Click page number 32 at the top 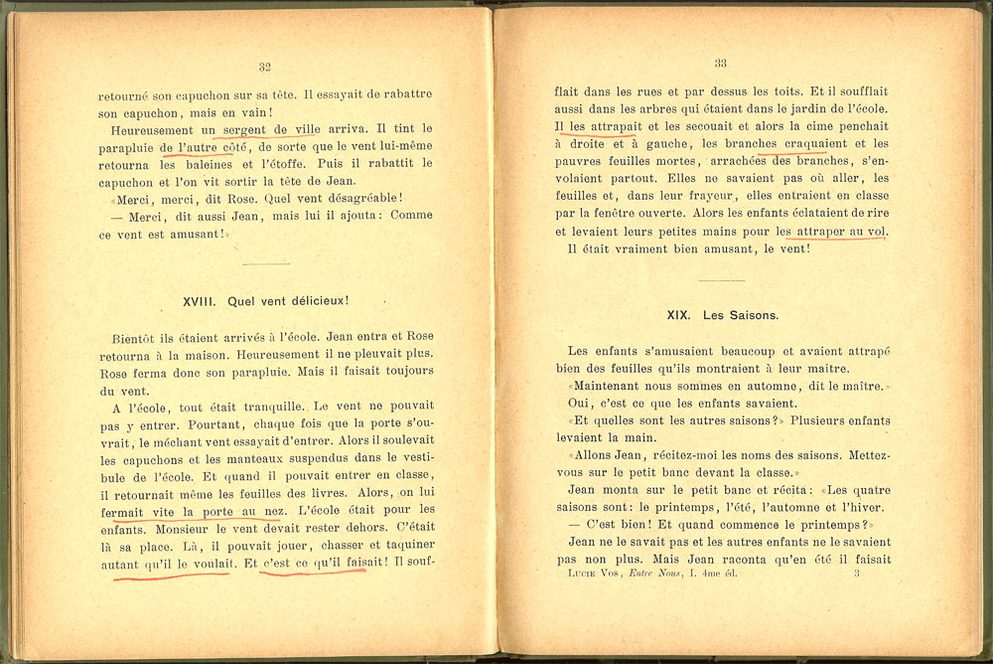coord(264,68)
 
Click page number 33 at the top coord(720,63)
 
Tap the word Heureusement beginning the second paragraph coord(154,130)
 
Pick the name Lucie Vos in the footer coord(587,575)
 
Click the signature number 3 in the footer coord(856,574)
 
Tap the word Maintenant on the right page coord(613,386)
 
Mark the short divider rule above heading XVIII coord(265,263)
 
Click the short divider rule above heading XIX coord(722,281)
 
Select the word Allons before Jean coord(596,455)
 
